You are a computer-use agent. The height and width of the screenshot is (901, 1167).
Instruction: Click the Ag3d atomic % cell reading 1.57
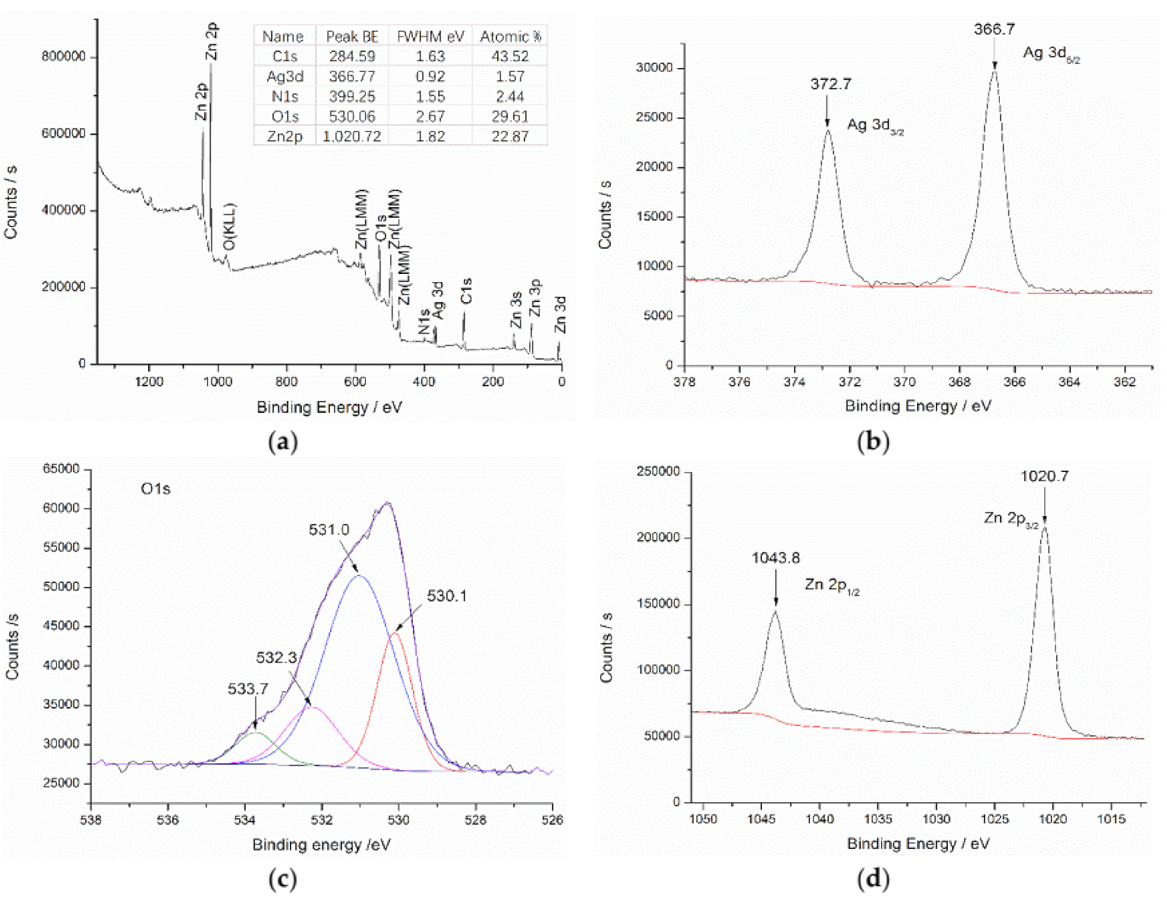point(510,77)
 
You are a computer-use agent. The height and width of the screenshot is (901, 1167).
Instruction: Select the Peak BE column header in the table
point(352,37)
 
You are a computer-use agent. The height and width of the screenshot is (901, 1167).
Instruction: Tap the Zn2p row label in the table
point(284,136)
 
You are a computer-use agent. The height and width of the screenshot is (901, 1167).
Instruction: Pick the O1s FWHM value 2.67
point(430,117)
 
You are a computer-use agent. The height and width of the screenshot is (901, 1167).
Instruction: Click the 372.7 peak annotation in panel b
point(830,84)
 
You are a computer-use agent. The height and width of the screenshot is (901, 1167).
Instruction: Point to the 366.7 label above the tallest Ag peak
point(994,29)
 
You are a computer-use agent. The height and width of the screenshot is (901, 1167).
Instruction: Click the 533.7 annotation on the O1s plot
point(248,689)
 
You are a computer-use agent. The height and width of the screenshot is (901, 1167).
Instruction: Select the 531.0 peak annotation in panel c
point(329,530)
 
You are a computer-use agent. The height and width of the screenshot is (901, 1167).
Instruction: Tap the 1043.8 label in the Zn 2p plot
point(775,558)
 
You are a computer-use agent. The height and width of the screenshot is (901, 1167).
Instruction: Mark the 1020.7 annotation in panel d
point(1044,476)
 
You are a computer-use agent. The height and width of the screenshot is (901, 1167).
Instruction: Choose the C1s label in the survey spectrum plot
point(466,291)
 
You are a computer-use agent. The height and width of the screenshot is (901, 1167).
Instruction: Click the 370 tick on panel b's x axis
point(904,382)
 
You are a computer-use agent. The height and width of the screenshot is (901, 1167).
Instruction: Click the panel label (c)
point(283,879)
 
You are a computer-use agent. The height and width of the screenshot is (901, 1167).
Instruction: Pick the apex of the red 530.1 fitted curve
point(395,633)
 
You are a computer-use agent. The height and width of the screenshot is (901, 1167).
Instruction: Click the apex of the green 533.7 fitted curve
point(255,732)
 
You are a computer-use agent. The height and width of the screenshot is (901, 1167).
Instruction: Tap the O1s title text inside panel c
point(156,489)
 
